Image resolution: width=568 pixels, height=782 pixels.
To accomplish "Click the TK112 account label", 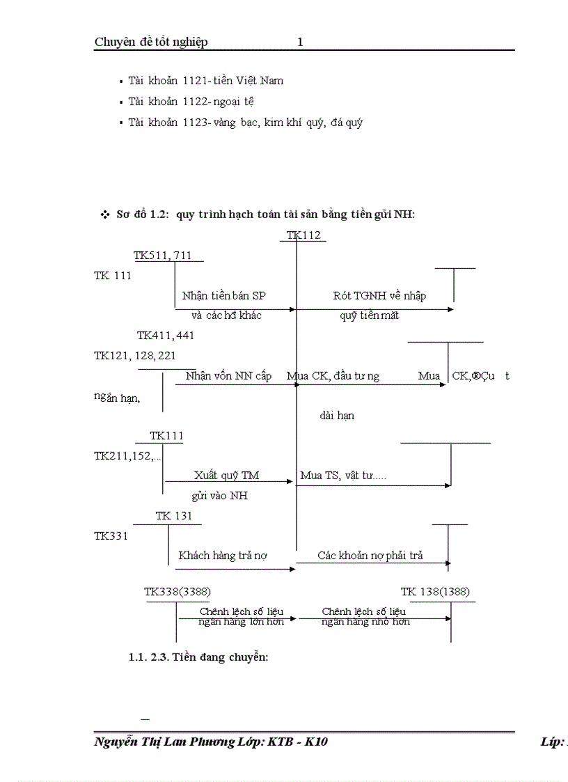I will (x=304, y=235).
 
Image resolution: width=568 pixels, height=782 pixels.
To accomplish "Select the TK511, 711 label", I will (x=163, y=256).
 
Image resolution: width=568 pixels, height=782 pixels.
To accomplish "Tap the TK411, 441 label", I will (x=166, y=335).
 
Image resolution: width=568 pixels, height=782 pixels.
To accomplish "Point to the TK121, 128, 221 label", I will (x=135, y=356).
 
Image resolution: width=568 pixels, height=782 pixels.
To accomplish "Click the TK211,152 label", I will (x=127, y=456).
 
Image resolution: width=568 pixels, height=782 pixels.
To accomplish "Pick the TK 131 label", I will (x=173, y=516).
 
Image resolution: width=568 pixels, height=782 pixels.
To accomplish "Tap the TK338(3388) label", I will (x=173, y=592).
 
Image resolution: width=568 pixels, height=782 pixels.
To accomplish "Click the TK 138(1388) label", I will (x=435, y=592).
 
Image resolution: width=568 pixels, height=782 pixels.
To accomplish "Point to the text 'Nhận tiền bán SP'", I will (x=223, y=295).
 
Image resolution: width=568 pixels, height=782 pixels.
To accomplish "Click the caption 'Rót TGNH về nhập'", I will (x=379, y=295).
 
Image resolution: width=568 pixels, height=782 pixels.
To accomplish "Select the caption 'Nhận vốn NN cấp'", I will (x=228, y=376).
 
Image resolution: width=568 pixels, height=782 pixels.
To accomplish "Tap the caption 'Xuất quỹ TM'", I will (x=226, y=476).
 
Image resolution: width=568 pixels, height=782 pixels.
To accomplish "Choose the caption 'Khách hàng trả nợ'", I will (x=223, y=556).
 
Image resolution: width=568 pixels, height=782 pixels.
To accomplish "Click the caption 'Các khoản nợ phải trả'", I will (x=370, y=556).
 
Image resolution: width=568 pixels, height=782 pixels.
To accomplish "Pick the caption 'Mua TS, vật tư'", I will (x=342, y=476).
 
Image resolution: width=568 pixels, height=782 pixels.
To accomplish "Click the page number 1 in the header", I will (x=300, y=42).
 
